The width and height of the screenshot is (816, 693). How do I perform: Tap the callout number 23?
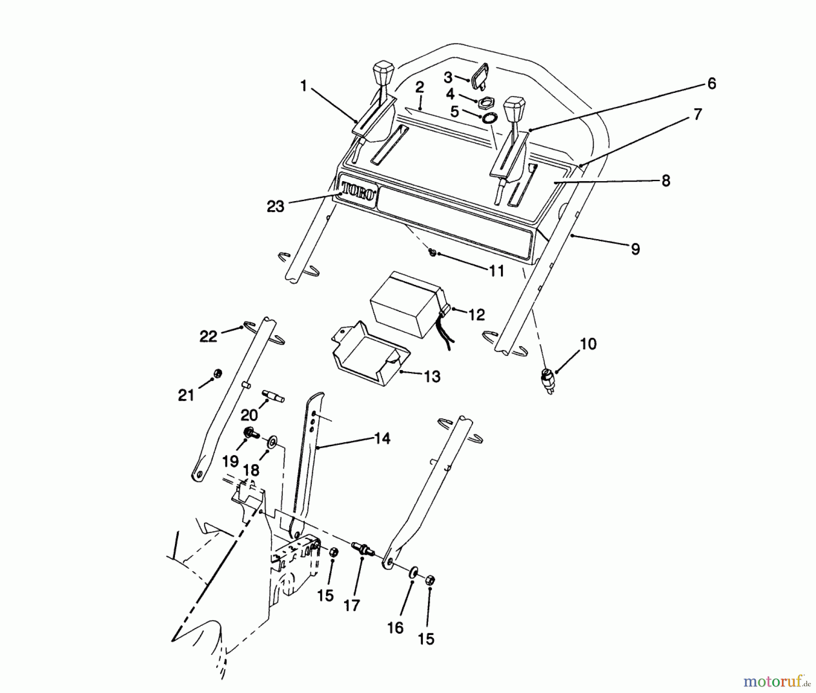coord(275,207)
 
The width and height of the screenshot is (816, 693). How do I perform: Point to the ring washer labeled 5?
coord(489,119)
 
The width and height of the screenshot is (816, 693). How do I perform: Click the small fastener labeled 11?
coord(432,252)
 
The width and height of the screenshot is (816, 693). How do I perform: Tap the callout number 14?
coord(382,438)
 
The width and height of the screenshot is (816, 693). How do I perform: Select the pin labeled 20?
coord(273,395)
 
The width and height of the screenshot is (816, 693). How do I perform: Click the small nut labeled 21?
coord(217,374)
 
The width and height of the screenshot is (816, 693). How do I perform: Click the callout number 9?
coord(635,249)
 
